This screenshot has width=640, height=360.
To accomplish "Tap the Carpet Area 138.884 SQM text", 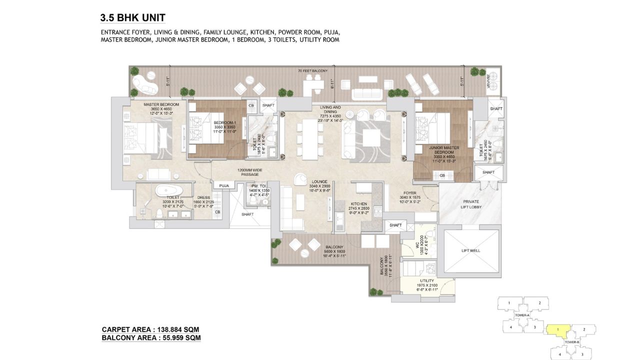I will point(150,329).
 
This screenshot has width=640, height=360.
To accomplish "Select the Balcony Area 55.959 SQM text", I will point(151,338).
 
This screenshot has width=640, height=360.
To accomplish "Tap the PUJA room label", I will point(224,185).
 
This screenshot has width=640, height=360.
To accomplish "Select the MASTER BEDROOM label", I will point(158,105).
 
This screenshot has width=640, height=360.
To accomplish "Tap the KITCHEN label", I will point(359,204).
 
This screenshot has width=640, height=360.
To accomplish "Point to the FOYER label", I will point(410,192).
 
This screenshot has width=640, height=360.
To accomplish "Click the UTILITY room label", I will point(427,281).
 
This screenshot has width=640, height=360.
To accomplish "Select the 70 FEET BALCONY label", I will point(312,71).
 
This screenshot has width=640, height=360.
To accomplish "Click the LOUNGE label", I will point(320,181).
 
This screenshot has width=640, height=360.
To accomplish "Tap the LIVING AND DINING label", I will point(330,110).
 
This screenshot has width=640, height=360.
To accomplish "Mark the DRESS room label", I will point(203,197).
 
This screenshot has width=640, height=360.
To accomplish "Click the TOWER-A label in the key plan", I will point(522,315).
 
